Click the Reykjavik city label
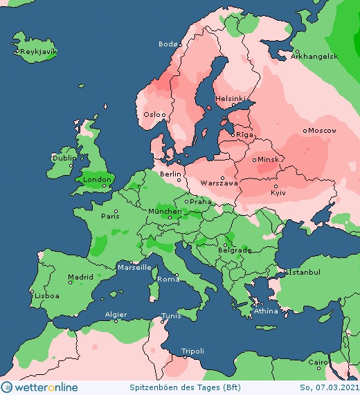pyautogui.click(x=38, y=52)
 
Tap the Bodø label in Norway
pyautogui.click(x=168, y=44)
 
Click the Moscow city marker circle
pyautogui.click(x=305, y=130)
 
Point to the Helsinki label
pyautogui.click(x=231, y=98)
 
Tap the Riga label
pyautogui.click(x=245, y=135)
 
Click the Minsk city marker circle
pyautogui.click(x=255, y=159)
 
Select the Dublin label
pyautogui.click(x=64, y=158)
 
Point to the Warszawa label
pyautogui.click(x=219, y=183)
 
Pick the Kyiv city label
pyautogui.click(x=278, y=192)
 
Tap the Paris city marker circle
pyautogui.click(x=116, y=211)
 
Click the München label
pyautogui.click(x=164, y=211)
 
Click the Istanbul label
pyautogui.click(x=304, y=273)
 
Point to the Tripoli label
pyautogui.click(x=192, y=351)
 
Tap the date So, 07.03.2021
pyautogui.click(x=328, y=387)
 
